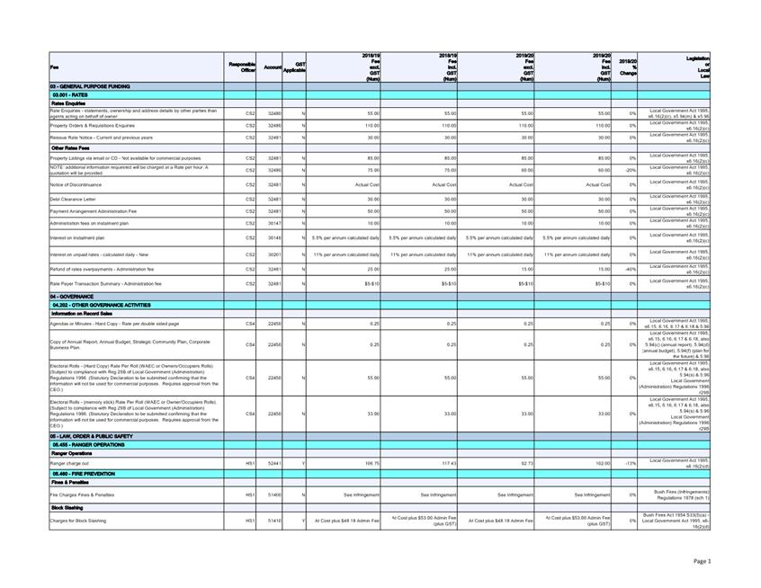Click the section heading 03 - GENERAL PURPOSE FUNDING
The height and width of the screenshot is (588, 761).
pos(86,85)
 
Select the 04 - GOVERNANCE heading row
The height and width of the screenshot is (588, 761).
pos(69,295)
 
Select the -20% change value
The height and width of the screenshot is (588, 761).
pos(631,169)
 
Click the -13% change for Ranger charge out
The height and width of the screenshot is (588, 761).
pos(631,462)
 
